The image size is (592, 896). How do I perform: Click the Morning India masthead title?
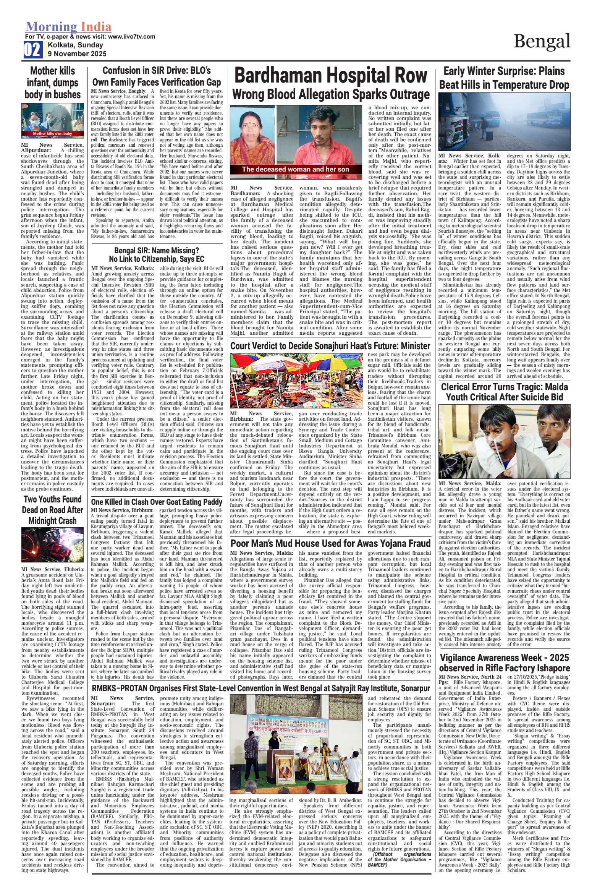pyautogui.click(x=68, y=27)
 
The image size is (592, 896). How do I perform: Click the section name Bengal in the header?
pyautogui.click(x=542, y=41)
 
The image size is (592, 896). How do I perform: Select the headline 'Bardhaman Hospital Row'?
pyautogui.click(x=330, y=75)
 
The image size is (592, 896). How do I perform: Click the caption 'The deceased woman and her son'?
pyautogui.click(x=295, y=169)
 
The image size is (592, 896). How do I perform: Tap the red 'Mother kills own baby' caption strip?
pyautogui.click(x=52, y=134)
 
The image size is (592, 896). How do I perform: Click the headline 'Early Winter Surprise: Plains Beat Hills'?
pyautogui.click(x=504, y=78)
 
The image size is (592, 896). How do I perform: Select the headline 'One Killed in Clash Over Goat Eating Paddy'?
pyautogui.click(x=157, y=502)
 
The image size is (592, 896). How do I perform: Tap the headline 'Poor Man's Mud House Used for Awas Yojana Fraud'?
pyautogui.click(x=330, y=543)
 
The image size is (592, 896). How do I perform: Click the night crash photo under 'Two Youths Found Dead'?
pyautogui.click(x=52, y=544)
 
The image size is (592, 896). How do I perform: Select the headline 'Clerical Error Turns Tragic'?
pyautogui.click(x=504, y=392)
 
